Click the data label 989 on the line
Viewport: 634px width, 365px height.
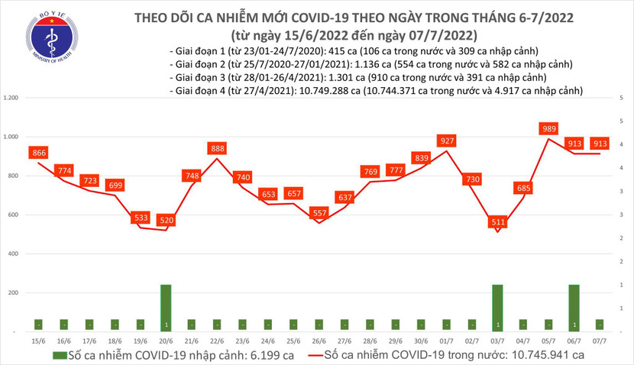click(x=548, y=128)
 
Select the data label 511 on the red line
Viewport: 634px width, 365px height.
click(x=497, y=223)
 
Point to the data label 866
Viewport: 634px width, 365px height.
click(x=38, y=153)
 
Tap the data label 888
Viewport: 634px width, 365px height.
click(x=218, y=148)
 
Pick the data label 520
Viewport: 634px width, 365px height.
click(x=166, y=221)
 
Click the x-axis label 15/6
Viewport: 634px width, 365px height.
click(x=38, y=340)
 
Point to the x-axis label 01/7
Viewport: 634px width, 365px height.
click(x=447, y=340)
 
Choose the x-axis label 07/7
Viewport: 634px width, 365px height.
click(x=600, y=340)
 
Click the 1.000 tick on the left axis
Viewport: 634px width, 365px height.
click(x=11, y=137)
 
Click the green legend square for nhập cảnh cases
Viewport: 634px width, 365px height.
click(x=59, y=355)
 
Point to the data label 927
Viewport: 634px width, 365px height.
click(x=447, y=141)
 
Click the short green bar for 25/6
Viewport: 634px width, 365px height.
click(x=293, y=325)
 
